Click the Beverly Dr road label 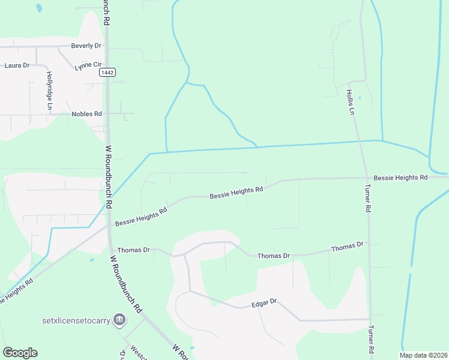tap(86, 46)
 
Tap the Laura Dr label tap(17, 65)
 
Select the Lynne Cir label tap(88, 65)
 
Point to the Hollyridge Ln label tap(49, 91)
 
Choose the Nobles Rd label tap(87, 113)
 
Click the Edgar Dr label tap(264, 301)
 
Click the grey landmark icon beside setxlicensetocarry tap(119, 319)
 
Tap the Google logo tap(20, 353)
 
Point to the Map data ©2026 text tap(423, 355)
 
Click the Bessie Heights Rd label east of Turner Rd tap(400, 178)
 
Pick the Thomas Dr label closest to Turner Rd tap(348, 246)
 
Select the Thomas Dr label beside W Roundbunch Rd tap(133, 250)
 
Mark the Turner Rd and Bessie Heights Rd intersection tap(367, 178)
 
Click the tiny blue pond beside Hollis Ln tap(360, 97)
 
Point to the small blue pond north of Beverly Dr tap(39, 8)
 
